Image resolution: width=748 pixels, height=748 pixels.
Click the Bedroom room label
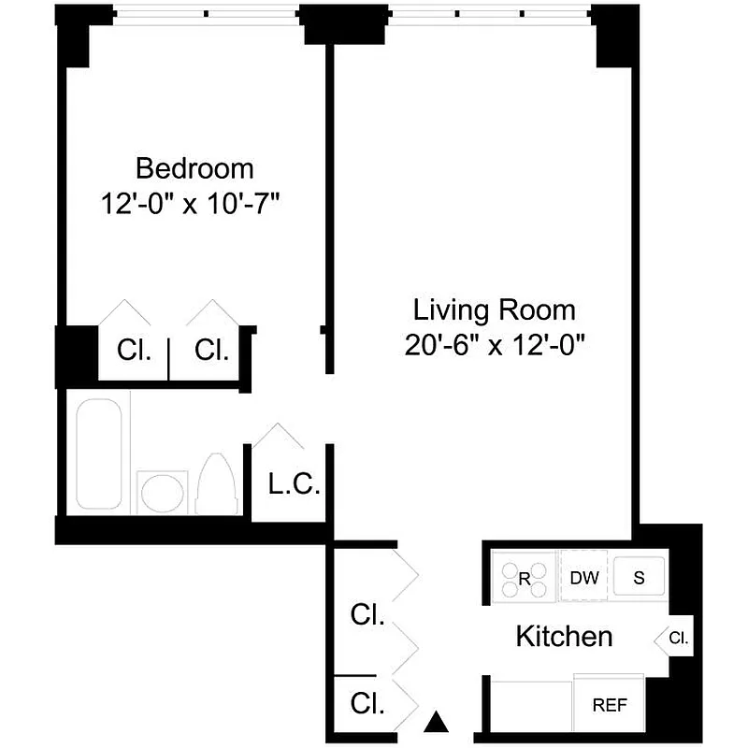tap(194, 168)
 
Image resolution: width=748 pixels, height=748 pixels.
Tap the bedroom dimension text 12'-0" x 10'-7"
tap(194, 204)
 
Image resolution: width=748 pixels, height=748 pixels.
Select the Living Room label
tap(495, 309)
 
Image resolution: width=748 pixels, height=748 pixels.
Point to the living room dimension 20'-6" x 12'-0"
tap(495, 345)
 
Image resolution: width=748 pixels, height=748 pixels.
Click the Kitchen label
tap(564, 637)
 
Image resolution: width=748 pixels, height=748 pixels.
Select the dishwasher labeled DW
tap(584, 577)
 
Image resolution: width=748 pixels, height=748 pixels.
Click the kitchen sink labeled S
tap(640, 577)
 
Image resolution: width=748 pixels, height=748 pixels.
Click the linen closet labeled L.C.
tap(294, 485)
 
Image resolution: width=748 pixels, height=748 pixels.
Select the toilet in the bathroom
tap(216, 483)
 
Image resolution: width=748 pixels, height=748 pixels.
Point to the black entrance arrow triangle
tap(435, 722)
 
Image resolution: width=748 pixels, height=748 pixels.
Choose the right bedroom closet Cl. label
tap(211, 351)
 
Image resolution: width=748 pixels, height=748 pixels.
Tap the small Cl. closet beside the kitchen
tap(680, 640)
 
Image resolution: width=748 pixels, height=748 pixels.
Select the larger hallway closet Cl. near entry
tap(367, 615)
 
